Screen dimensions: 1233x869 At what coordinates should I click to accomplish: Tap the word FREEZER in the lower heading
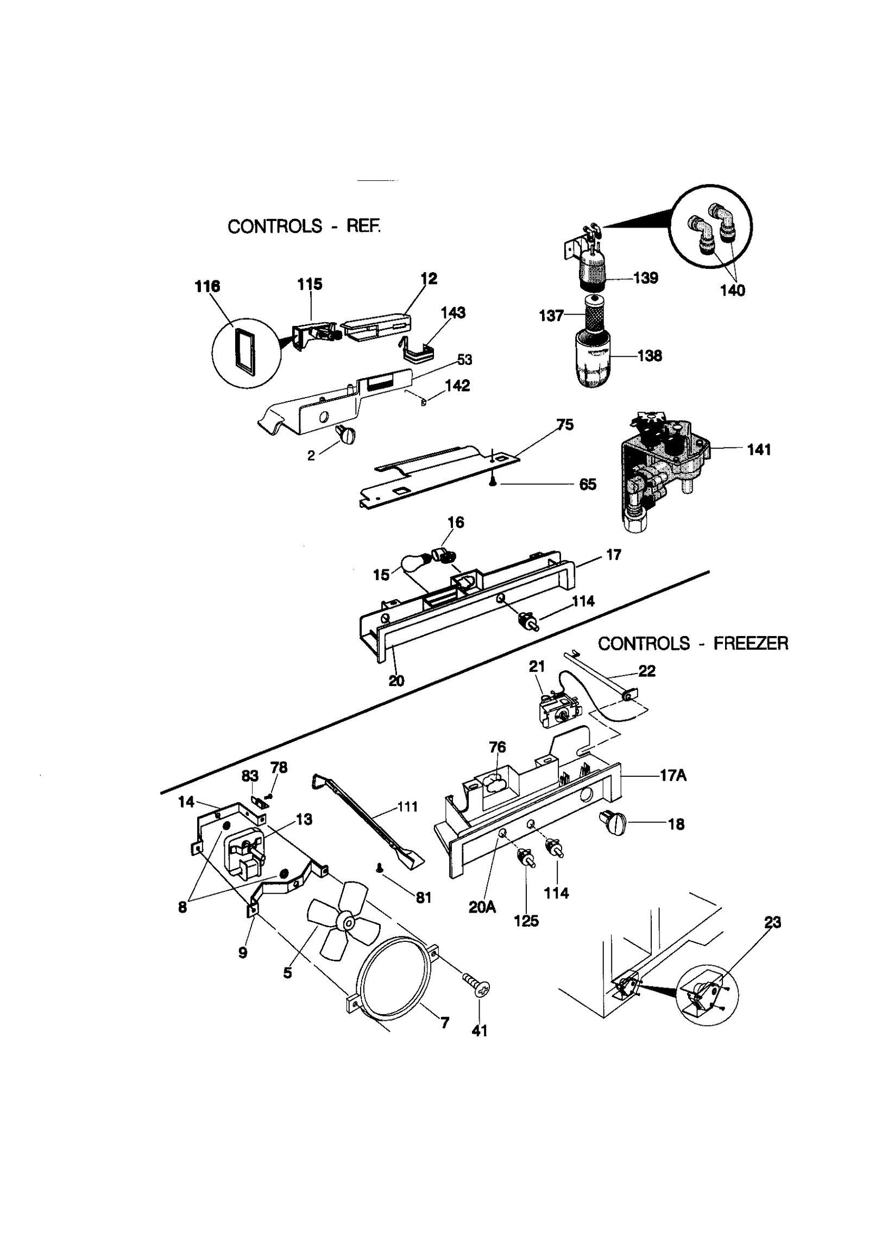pyautogui.click(x=750, y=644)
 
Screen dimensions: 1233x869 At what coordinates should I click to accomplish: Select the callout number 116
pyautogui.click(x=207, y=286)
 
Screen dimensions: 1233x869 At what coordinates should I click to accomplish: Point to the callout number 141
pyautogui.click(x=759, y=450)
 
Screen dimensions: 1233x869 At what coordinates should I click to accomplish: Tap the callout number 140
pyautogui.click(x=732, y=291)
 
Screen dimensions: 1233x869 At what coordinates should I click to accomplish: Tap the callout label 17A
pyautogui.click(x=673, y=776)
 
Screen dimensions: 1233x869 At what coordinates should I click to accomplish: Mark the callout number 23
pyautogui.click(x=772, y=922)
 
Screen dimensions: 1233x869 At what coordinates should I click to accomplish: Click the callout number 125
pyautogui.click(x=526, y=921)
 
